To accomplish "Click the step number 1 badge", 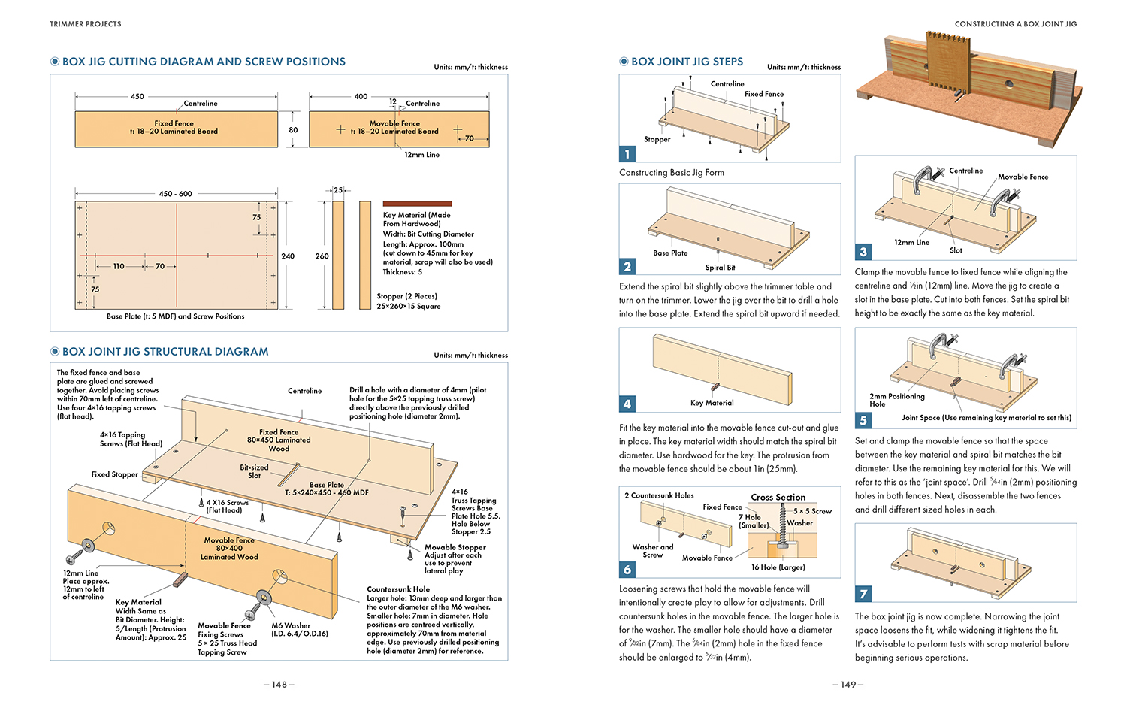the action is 627,153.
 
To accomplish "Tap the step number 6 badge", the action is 627,569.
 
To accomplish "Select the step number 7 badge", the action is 863,594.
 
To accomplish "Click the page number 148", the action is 279,685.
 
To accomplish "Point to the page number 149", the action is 848,685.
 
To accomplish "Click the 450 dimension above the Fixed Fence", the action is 137,96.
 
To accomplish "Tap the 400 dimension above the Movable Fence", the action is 361,96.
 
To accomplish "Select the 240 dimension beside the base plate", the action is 288,256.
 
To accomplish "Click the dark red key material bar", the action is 417,204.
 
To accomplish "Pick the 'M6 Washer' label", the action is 291,625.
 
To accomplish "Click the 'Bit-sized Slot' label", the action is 254,471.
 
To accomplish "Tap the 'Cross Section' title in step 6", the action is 778,497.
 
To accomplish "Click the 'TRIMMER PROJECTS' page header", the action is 86,23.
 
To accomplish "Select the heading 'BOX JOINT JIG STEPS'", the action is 687,62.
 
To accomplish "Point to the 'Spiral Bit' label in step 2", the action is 720,268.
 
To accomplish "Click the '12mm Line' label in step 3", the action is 911,242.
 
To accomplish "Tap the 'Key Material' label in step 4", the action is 712,403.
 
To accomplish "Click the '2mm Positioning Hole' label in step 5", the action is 897,400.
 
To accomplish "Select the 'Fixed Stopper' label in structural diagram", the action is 115,474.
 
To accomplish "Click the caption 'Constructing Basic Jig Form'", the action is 672,173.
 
